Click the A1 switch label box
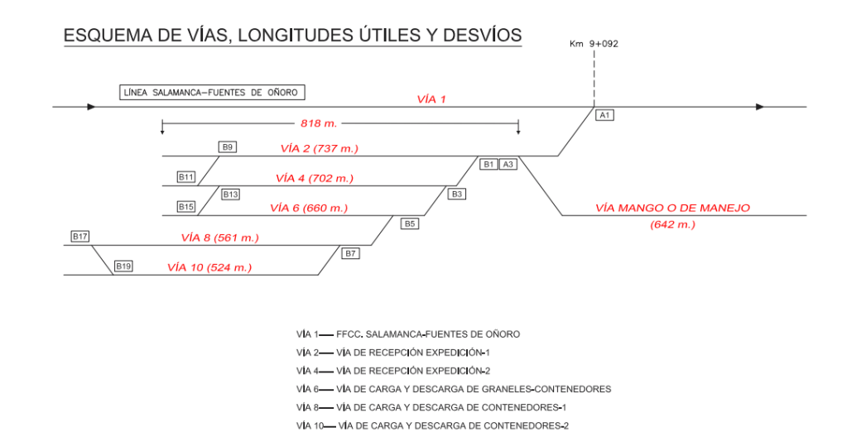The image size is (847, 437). pyautogui.click(x=604, y=115)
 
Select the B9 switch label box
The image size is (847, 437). pyautogui.click(x=228, y=147)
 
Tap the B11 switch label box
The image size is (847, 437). pyautogui.click(x=186, y=177)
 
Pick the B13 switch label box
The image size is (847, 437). pyautogui.click(x=230, y=194)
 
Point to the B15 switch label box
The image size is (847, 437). pyautogui.click(x=186, y=207)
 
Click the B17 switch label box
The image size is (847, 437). pyautogui.click(x=80, y=237)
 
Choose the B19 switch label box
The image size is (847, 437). pyautogui.click(x=123, y=266)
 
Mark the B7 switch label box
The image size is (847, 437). pyautogui.click(x=350, y=253)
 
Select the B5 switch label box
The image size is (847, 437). pyautogui.click(x=410, y=223)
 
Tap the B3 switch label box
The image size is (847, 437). pyautogui.click(x=457, y=194)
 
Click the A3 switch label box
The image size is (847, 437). pyautogui.click(x=508, y=164)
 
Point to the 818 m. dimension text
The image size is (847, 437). pyautogui.click(x=319, y=123)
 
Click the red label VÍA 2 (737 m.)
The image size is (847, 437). pyautogui.click(x=319, y=149)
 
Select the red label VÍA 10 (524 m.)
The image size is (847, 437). pyautogui.click(x=209, y=267)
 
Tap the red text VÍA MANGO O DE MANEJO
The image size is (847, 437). pyautogui.click(x=672, y=208)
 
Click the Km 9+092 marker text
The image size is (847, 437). pyautogui.click(x=594, y=43)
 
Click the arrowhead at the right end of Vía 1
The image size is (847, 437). pyautogui.click(x=760, y=107)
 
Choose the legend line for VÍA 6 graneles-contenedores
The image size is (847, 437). pyautogui.click(x=454, y=389)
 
